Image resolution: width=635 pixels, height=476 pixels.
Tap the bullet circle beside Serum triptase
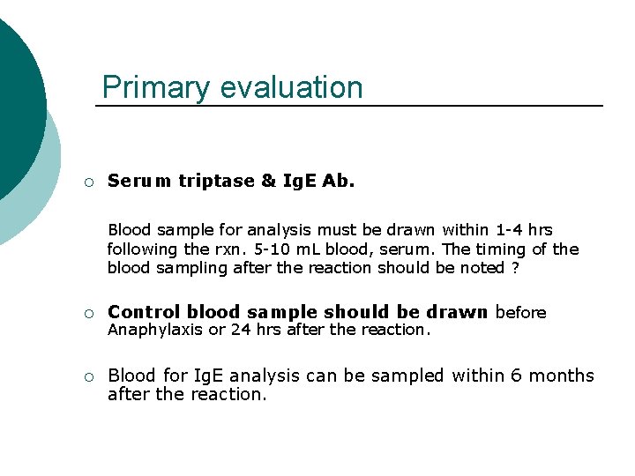(x=89, y=182)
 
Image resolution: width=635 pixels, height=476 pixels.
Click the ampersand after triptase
(x=269, y=182)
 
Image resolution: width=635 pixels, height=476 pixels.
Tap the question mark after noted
(x=513, y=268)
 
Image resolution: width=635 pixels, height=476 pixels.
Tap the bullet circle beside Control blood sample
(x=89, y=313)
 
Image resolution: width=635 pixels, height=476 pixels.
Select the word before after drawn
(x=521, y=312)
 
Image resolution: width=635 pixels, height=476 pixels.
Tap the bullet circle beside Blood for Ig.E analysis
(x=89, y=377)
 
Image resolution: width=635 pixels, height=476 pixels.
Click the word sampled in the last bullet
(x=407, y=376)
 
